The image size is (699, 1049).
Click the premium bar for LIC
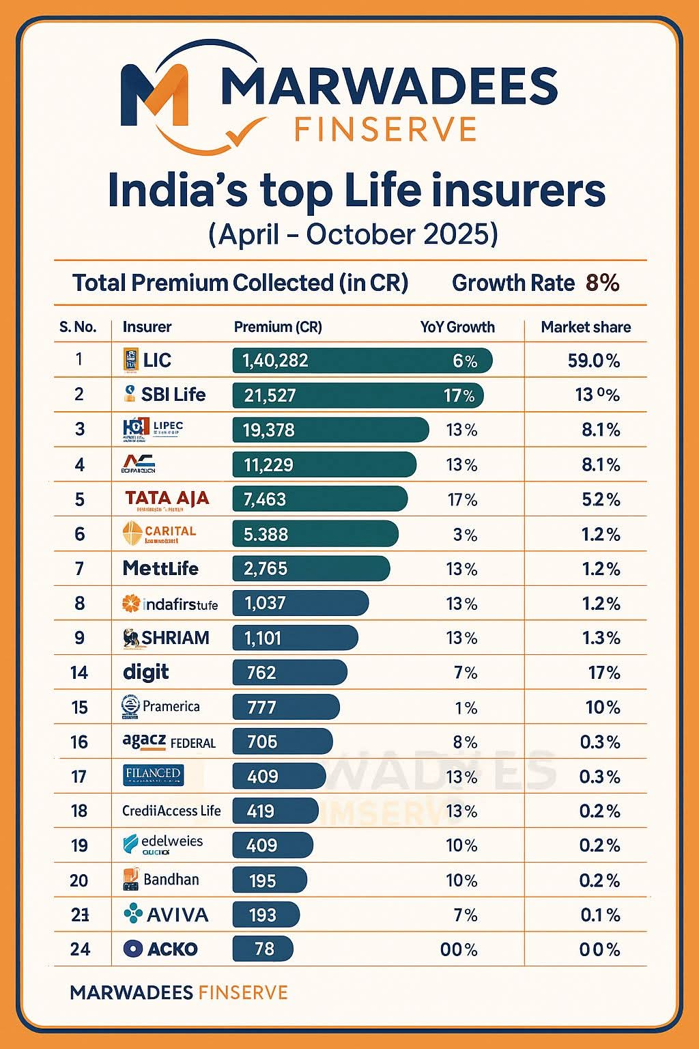362,361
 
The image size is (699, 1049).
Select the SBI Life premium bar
358,395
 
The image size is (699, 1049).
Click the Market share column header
586,327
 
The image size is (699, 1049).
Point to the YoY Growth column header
457,327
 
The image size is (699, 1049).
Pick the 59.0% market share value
593,361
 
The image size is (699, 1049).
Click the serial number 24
80,949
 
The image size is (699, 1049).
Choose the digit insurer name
146,673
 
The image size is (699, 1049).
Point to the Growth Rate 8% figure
602,283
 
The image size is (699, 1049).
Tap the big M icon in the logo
156,96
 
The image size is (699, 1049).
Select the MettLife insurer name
160,569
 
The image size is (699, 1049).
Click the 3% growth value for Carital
465,535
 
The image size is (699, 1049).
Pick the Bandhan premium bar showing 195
270,880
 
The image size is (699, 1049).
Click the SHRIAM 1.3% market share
601,639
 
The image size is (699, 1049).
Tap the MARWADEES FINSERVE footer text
179,992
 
